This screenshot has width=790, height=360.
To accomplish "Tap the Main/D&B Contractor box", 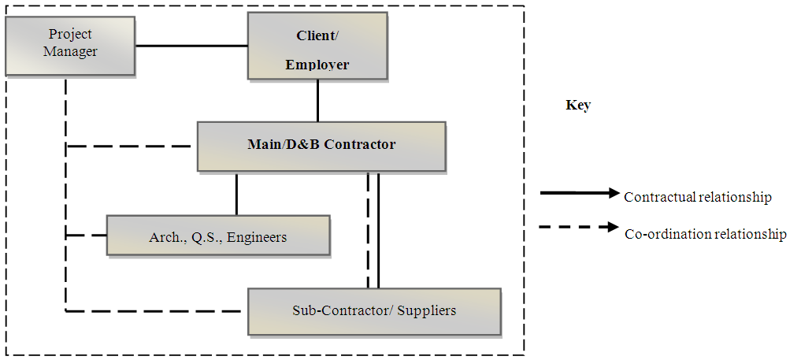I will [x=321, y=146].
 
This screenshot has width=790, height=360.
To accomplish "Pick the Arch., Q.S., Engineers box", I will [x=218, y=236].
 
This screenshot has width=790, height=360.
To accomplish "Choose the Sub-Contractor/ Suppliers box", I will [x=374, y=310].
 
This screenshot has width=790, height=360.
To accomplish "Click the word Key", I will [x=578, y=105].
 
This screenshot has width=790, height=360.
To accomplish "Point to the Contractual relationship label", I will [x=697, y=197].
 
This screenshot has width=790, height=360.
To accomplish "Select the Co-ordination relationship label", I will [x=706, y=234].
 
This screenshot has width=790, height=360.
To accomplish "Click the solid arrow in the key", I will [x=580, y=192].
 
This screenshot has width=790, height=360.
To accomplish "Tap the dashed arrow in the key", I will [x=580, y=228].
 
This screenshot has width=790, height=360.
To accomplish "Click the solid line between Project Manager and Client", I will [x=192, y=46].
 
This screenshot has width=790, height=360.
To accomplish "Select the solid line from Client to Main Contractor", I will [x=318, y=100].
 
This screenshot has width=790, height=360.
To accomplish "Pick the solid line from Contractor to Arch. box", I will [x=236, y=193].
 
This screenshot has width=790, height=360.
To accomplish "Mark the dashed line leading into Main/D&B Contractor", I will [x=130, y=146].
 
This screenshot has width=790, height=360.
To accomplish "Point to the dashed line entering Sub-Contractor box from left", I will [x=154, y=311].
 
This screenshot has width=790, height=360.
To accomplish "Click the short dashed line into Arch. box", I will [x=87, y=235].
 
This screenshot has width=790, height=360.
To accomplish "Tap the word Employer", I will [x=317, y=65].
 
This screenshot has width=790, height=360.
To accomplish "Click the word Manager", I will [x=70, y=52].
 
